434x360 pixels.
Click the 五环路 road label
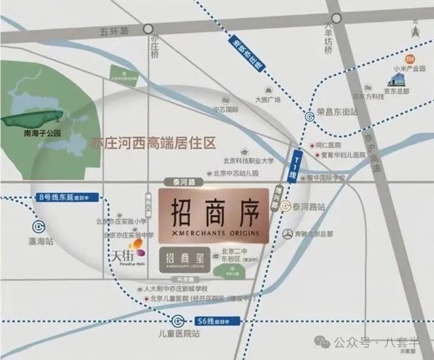point(115,30)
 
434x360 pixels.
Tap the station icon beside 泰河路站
point(286,206)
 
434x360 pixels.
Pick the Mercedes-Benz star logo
point(287,234)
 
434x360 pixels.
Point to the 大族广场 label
point(268,99)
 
